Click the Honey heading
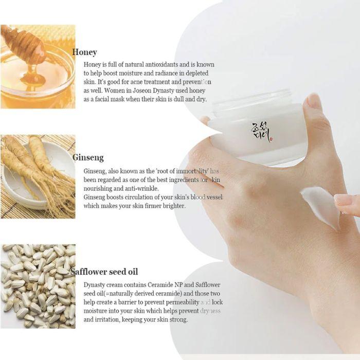84,52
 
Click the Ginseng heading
88,158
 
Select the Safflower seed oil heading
104,272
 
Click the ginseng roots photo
38,176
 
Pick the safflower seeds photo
38,286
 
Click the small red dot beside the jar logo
272,139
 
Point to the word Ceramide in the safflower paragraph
160,285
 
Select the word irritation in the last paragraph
107,319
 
